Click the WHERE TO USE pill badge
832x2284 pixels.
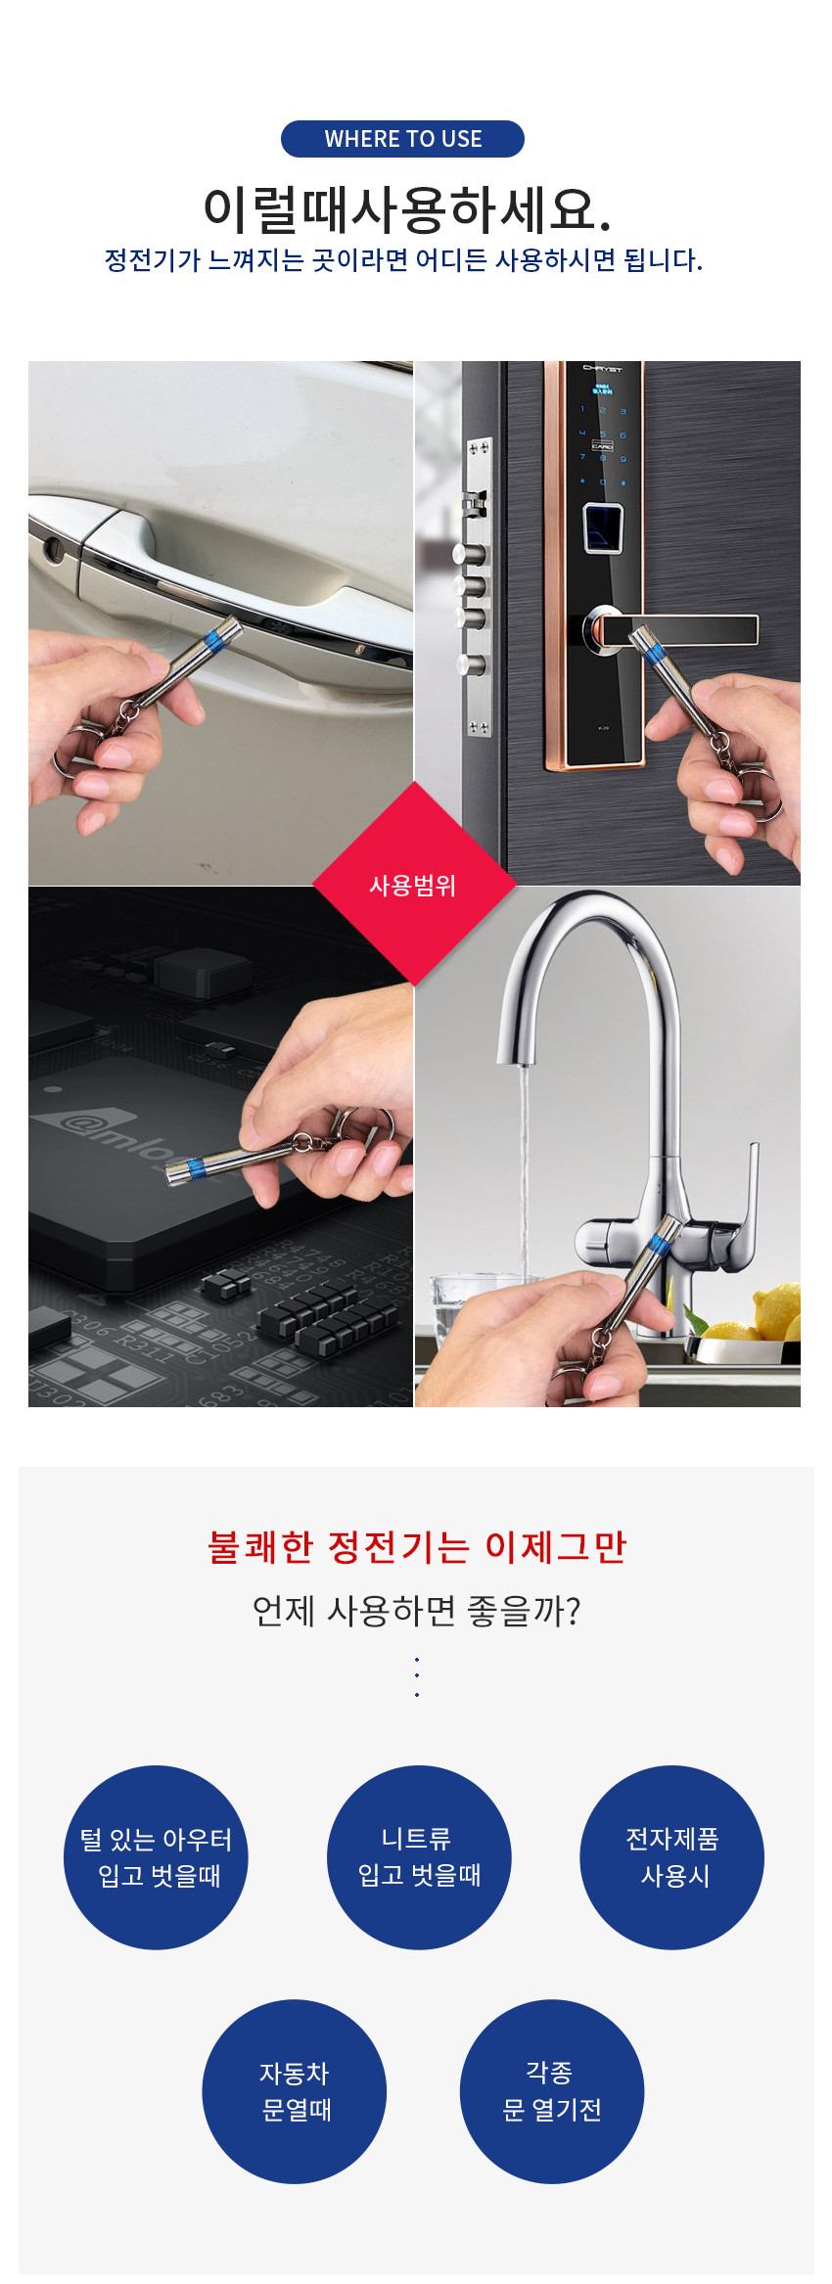pos(402,139)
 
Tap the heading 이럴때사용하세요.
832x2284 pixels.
pos(407,208)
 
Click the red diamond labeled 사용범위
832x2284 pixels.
pos(414,884)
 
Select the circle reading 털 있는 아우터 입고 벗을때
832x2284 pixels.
pos(156,1857)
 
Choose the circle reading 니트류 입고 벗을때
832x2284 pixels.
pos(419,1857)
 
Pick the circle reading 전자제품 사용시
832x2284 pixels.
pos(672,1857)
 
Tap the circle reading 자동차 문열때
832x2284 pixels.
pos(295,2091)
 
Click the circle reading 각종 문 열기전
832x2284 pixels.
pos(552,2091)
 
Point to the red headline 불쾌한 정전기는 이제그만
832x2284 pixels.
pos(417,1547)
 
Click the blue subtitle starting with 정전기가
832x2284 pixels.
pos(403,260)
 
